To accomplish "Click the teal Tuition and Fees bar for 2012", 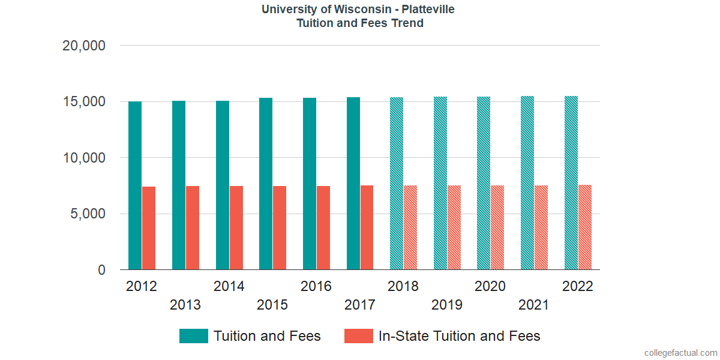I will click(135, 185).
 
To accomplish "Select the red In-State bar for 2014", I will click(236, 227).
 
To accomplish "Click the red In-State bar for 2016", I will click(323, 227).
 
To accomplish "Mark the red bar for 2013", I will click(193, 227).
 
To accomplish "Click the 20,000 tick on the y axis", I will click(84, 46).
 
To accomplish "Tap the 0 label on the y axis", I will click(101, 271).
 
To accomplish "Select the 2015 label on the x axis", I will click(272, 305).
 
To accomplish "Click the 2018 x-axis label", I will click(403, 286).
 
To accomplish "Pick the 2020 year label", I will click(490, 286).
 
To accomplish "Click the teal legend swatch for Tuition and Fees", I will click(193, 336).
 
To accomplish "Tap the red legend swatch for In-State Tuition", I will click(359, 336).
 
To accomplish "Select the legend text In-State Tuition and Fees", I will click(459, 336).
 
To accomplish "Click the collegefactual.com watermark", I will click(680, 352).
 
